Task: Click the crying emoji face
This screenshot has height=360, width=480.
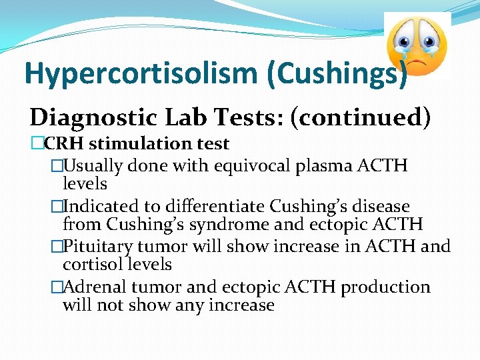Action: pyautogui.click(x=417, y=43)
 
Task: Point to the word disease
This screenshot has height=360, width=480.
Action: pyautogui.click(x=377, y=207)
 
